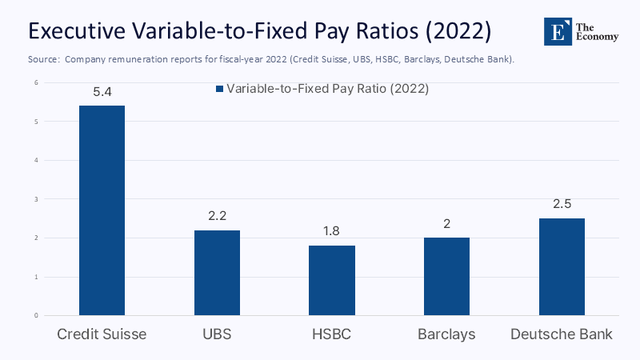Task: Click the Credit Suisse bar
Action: [102, 210]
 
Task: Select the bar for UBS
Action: [217, 273]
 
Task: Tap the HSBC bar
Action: [331, 280]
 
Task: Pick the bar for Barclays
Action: [446, 276]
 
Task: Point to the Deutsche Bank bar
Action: [562, 266]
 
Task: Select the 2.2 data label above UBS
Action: [217, 216]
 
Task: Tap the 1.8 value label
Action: [331, 231]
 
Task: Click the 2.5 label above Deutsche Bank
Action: [562, 204]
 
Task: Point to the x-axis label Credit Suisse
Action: [102, 334]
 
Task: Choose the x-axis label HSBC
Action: [331, 334]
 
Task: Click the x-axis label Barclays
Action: [446, 334]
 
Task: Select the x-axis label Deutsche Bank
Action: [562, 334]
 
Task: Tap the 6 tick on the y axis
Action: [36, 82]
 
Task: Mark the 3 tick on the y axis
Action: [36, 199]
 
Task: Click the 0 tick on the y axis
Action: [36, 315]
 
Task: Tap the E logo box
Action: [558, 31]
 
